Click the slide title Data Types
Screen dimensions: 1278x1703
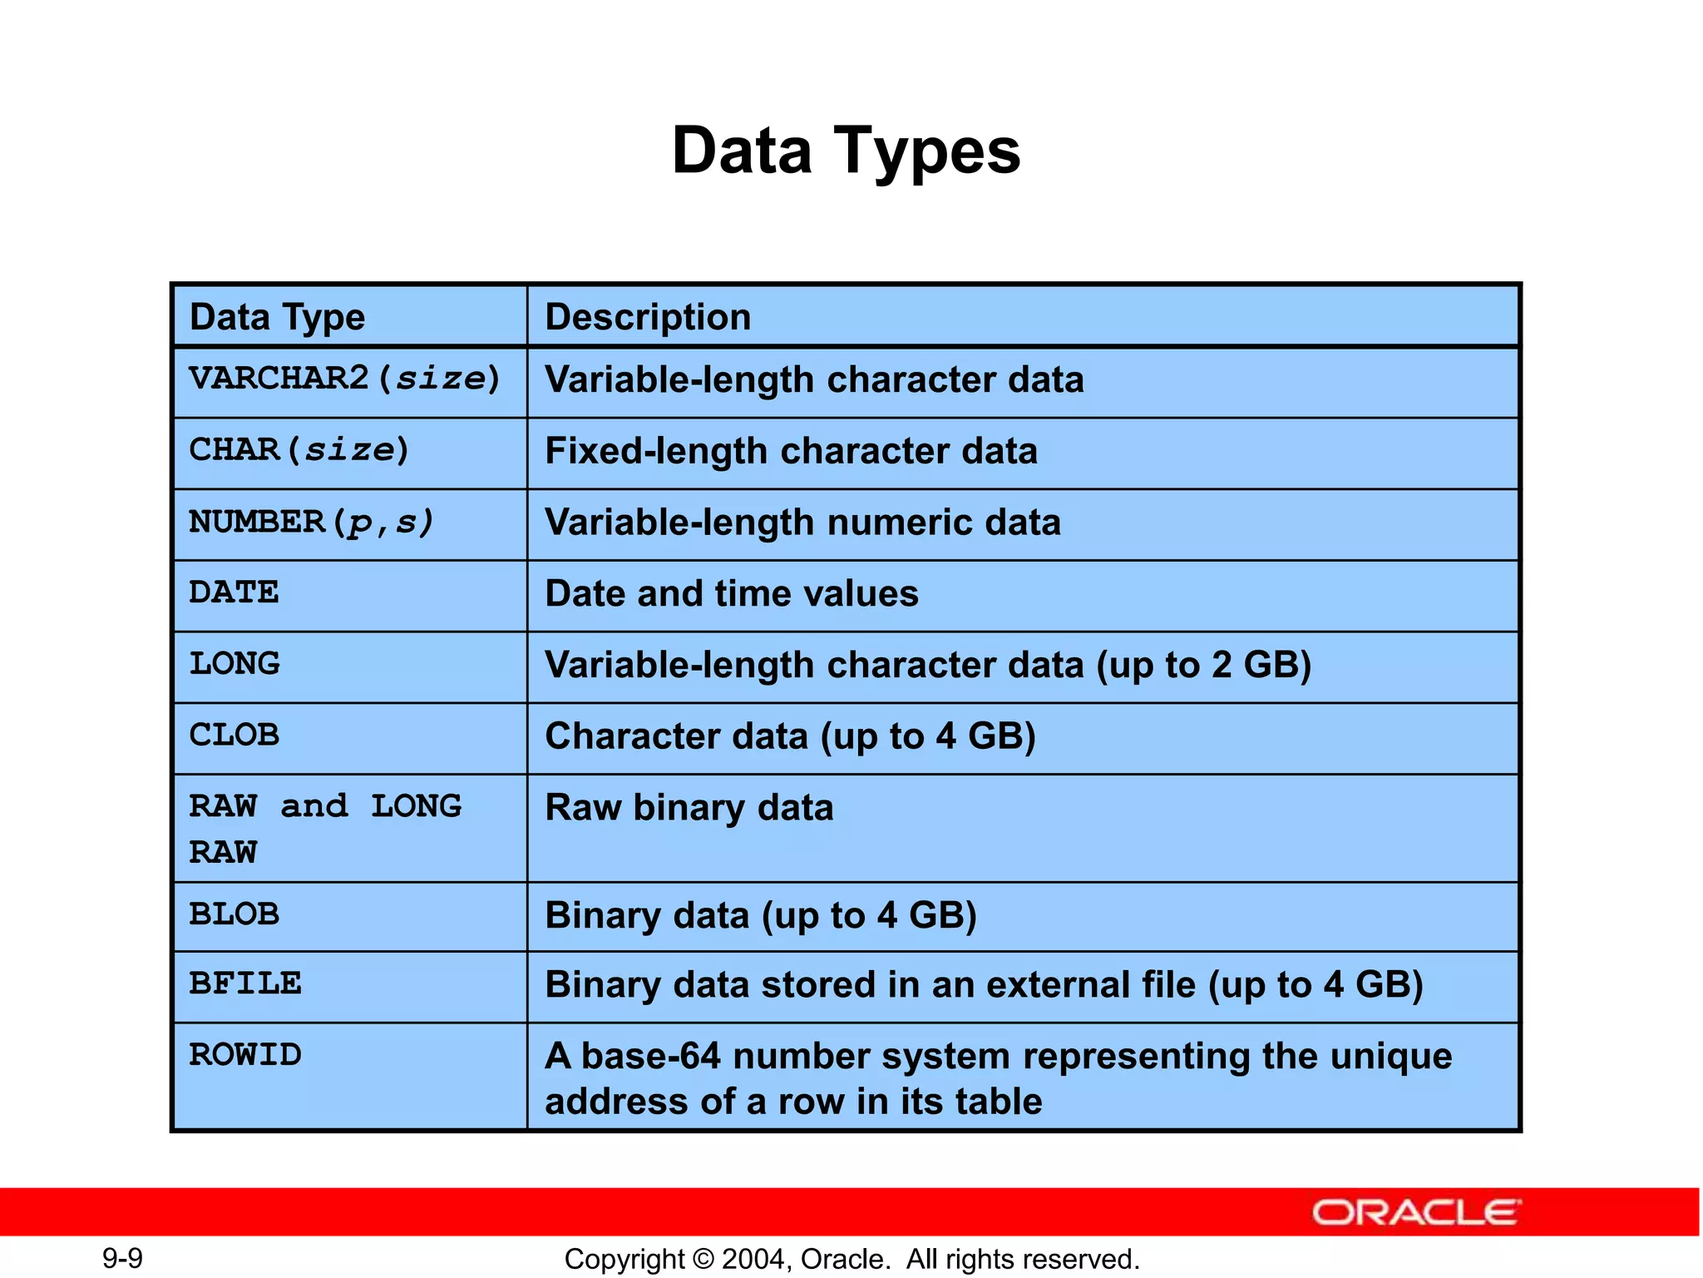[846, 151]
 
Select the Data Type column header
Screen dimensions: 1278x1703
[277, 317]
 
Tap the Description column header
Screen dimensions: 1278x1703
[648, 317]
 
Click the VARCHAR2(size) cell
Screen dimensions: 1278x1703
[344, 379]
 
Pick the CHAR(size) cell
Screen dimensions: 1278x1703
[299, 451]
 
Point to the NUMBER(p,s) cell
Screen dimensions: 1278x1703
[312, 523]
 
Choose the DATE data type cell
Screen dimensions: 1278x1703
[234, 593]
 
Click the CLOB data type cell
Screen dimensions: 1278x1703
[234, 736]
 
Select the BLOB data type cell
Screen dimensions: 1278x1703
[234, 914]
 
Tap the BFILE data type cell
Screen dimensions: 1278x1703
[245, 984]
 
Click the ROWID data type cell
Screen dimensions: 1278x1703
[245, 1055]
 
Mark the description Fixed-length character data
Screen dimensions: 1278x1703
[791, 451]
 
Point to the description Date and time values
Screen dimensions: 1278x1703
[732, 594]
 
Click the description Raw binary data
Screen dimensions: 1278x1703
[689, 808]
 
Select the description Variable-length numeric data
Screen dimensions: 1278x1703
[802, 523]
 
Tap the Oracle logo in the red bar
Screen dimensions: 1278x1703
[1416, 1212]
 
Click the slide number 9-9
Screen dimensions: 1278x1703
[122, 1258]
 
